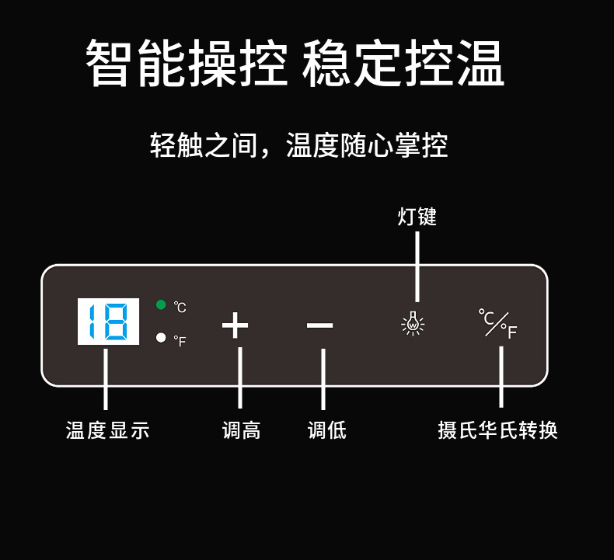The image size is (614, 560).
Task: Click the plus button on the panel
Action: click(235, 325)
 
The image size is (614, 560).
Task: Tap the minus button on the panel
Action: click(319, 325)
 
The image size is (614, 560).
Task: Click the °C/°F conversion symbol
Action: click(498, 324)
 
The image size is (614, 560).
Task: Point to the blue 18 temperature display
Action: click(108, 322)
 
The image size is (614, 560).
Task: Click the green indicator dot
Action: click(161, 304)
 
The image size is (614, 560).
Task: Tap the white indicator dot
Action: click(161, 338)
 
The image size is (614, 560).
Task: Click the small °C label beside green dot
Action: click(180, 308)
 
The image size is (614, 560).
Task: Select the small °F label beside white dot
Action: click(180, 341)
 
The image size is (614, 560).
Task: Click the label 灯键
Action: click(417, 217)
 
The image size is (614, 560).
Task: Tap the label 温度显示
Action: click(107, 430)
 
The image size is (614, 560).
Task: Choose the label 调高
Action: click(241, 430)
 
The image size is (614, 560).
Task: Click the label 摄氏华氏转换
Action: click(497, 430)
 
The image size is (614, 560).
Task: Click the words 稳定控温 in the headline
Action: click(403, 64)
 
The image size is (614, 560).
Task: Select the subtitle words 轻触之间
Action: click(203, 145)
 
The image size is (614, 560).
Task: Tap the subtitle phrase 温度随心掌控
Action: click(367, 145)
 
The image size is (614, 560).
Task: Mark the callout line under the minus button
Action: click(323, 378)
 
